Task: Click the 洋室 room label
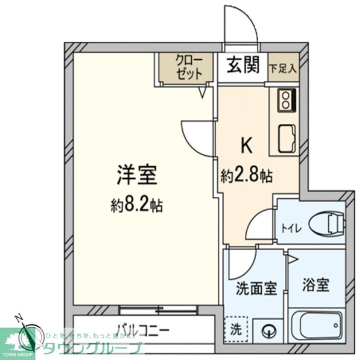138,175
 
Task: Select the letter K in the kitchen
247,145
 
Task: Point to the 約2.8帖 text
246,176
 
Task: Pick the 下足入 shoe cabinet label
283,68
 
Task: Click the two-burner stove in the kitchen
285,100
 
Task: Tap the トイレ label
291,228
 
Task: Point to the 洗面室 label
257,288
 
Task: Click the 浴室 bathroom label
316,284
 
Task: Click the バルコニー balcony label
144,330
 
